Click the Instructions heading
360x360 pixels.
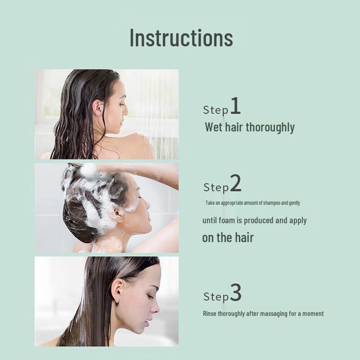(181, 38)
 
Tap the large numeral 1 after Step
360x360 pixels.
(235, 107)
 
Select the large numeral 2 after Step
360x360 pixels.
(235, 184)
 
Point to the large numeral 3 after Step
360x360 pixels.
(236, 293)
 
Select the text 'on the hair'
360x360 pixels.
(228, 238)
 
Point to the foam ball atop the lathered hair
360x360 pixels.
(89, 171)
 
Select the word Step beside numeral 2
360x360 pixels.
(216, 187)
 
